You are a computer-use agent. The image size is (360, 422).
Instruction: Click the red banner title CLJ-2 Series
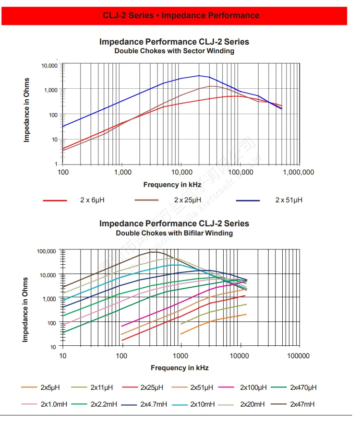(181, 15)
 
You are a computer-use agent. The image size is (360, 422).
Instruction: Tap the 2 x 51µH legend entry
(288, 200)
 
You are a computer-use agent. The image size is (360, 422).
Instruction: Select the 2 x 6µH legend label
(92, 200)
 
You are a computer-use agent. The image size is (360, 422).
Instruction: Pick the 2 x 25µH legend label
(188, 200)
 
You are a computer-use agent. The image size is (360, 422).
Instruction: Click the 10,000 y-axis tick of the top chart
(49, 65)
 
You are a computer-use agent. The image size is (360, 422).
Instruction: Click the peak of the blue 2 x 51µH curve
(199, 75)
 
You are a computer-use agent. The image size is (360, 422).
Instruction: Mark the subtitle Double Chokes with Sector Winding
(174, 51)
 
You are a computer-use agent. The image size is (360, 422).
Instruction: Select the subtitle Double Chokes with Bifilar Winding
(174, 233)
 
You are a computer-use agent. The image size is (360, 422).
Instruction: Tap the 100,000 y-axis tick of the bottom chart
(47, 251)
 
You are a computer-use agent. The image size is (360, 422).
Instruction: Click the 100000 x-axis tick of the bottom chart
(298, 356)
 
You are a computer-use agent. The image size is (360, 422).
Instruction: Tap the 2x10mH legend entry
(203, 404)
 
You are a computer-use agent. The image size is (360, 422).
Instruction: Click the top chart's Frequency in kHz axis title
(172, 185)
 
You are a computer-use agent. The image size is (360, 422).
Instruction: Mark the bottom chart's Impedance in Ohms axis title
(25, 309)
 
